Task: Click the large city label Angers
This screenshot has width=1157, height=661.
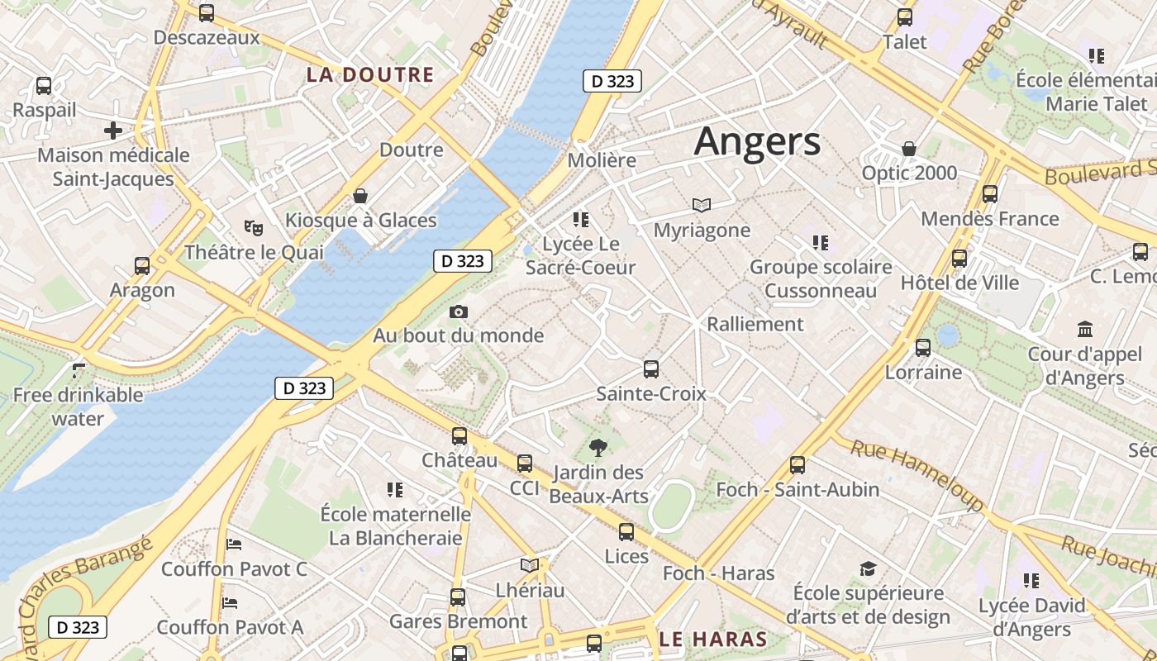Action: [x=757, y=141]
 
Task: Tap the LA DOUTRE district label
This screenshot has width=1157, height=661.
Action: [x=369, y=74]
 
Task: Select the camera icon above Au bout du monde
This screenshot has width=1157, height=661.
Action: [x=459, y=311]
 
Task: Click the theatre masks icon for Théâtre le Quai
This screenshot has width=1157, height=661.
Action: [x=253, y=226]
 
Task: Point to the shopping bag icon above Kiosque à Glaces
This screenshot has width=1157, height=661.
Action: [x=360, y=196]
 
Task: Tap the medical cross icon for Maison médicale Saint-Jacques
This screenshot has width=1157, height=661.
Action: [x=113, y=131]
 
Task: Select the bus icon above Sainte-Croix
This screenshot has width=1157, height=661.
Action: [x=651, y=369]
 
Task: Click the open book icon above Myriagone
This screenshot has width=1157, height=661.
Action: [x=702, y=205]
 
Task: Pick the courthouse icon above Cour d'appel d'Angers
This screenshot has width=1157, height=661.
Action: [x=1085, y=330]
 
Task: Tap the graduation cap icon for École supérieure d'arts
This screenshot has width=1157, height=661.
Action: [x=868, y=568]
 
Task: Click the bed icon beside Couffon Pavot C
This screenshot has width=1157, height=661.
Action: [x=234, y=544]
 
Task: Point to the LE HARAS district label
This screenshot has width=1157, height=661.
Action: [x=714, y=639]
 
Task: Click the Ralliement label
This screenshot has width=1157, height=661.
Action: [x=755, y=324]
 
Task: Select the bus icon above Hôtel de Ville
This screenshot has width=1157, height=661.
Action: [x=959, y=258]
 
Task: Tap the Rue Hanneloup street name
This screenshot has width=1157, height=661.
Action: [x=917, y=473]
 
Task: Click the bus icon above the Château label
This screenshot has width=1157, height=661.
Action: [x=459, y=435]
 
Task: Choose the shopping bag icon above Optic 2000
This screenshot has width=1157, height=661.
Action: [x=909, y=149]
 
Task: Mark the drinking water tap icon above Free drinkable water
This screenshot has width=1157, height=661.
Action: [x=79, y=370]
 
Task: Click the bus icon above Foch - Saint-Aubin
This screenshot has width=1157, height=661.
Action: [x=798, y=464]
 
